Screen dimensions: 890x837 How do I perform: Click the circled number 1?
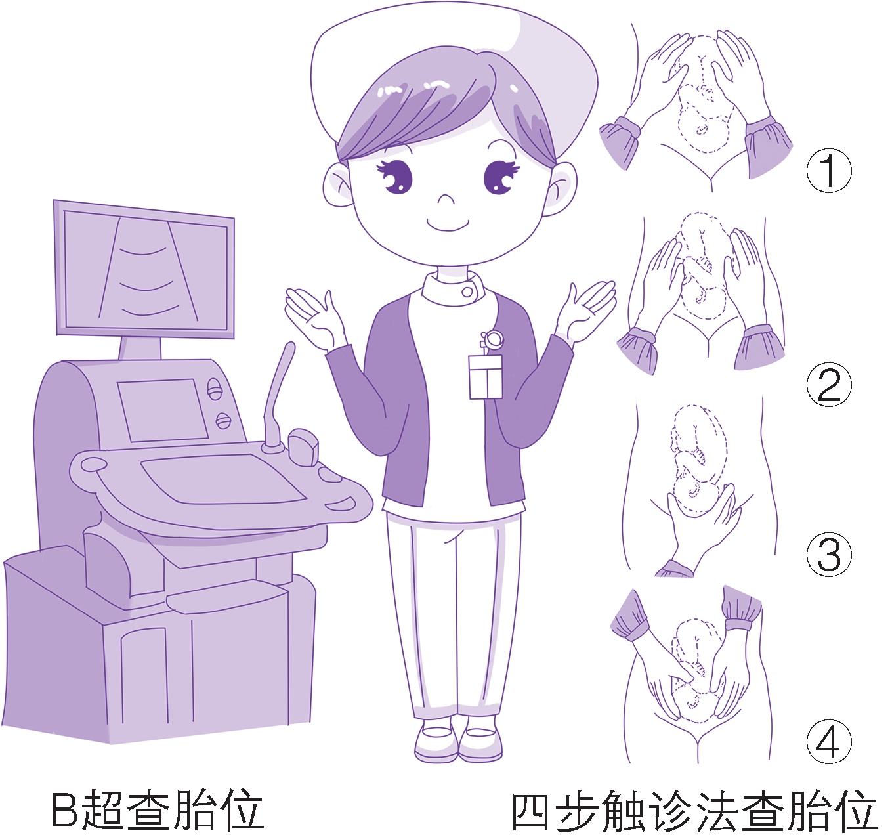(x=828, y=171)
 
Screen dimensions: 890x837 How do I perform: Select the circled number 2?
(x=828, y=385)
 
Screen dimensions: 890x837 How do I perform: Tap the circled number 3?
(x=828, y=554)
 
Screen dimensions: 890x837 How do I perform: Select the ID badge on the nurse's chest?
(x=486, y=377)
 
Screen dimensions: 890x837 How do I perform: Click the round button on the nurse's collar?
(x=467, y=292)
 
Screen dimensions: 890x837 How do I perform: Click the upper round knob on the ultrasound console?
(x=215, y=388)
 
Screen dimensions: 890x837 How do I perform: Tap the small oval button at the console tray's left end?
(x=93, y=464)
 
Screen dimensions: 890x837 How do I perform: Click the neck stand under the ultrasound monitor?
(x=140, y=349)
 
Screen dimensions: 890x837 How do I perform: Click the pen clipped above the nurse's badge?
(x=491, y=341)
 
